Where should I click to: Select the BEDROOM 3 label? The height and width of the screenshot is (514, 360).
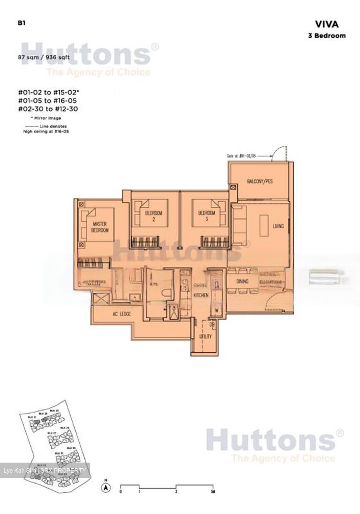(207, 216)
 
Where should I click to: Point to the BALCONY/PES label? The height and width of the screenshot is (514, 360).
(260, 181)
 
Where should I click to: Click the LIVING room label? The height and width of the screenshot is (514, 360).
(278, 226)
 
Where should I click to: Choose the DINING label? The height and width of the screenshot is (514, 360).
(242, 282)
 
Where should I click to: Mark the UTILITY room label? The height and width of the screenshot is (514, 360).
(206, 336)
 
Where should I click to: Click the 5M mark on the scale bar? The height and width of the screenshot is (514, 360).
(212, 492)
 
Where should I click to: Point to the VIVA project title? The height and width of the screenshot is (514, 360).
(326, 24)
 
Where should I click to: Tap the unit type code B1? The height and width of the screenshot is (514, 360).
(21, 23)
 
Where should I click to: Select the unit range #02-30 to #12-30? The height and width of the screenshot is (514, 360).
(48, 109)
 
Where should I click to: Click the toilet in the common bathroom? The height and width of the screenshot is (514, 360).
(166, 295)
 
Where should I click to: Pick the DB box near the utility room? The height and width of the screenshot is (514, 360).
(212, 324)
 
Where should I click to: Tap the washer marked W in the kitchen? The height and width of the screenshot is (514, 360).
(216, 311)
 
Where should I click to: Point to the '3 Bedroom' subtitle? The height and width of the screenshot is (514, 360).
(327, 35)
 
